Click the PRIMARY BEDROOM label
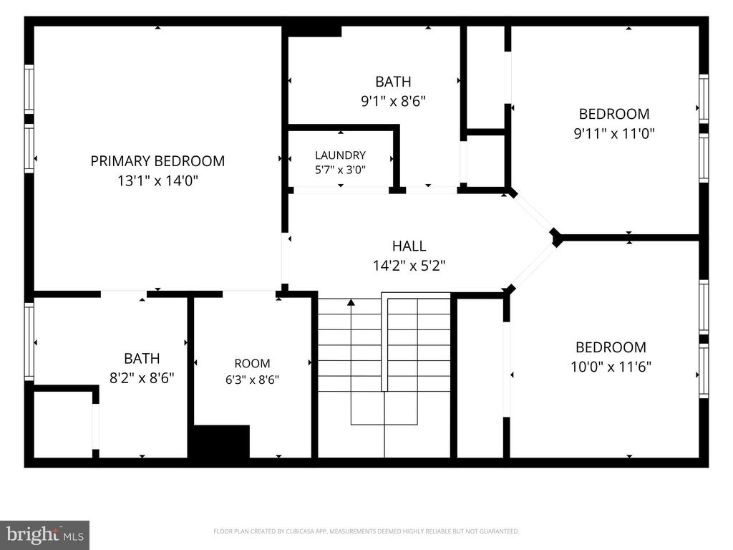[x=157, y=161]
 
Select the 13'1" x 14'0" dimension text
[x=157, y=180]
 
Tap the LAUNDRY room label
[x=340, y=155]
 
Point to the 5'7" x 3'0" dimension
[x=340, y=169]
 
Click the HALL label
[x=409, y=246]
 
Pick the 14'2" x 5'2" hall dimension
[x=409, y=266]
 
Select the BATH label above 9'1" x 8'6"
[x=393, y=82]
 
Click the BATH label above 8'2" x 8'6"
[x=142, y=358]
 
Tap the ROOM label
[x=252, y=363]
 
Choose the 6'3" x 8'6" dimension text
[x=252, y=380]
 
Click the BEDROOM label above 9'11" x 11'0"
[x=614, y=114]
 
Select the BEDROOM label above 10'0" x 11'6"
[x=611, y=347]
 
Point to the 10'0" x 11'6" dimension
[x=611, y=367]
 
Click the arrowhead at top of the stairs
[x=351, y=303]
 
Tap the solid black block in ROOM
[x=221, y=441]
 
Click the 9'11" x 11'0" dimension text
[x=614, y=134]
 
